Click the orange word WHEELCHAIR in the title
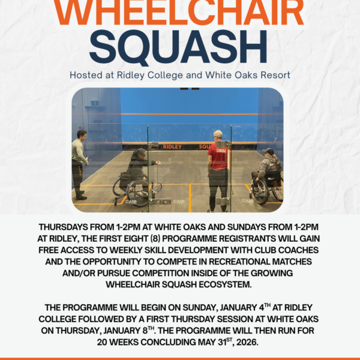[179, 12]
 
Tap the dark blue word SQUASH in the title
[178, 48]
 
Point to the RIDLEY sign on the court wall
[172, 147]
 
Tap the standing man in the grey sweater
[79, 164]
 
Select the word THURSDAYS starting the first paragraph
[63, 227]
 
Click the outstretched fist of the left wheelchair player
[158, 163]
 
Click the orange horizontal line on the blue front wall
[190, 114]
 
